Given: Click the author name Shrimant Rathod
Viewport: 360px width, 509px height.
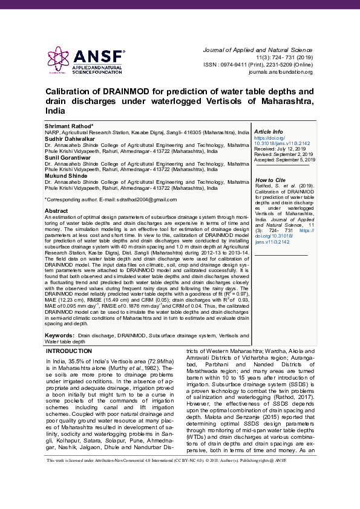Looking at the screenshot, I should tap(69, 126).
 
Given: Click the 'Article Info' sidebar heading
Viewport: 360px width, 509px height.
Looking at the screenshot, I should tap(269, 131).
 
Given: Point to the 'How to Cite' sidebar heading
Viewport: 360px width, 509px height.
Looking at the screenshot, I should tap(270, 180).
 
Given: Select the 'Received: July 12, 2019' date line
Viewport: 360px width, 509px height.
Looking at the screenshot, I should tap(280, 148).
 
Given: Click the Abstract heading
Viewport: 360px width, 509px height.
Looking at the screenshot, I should tap(57, 210).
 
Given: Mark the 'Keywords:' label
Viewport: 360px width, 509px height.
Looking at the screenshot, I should tap(60, 334).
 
